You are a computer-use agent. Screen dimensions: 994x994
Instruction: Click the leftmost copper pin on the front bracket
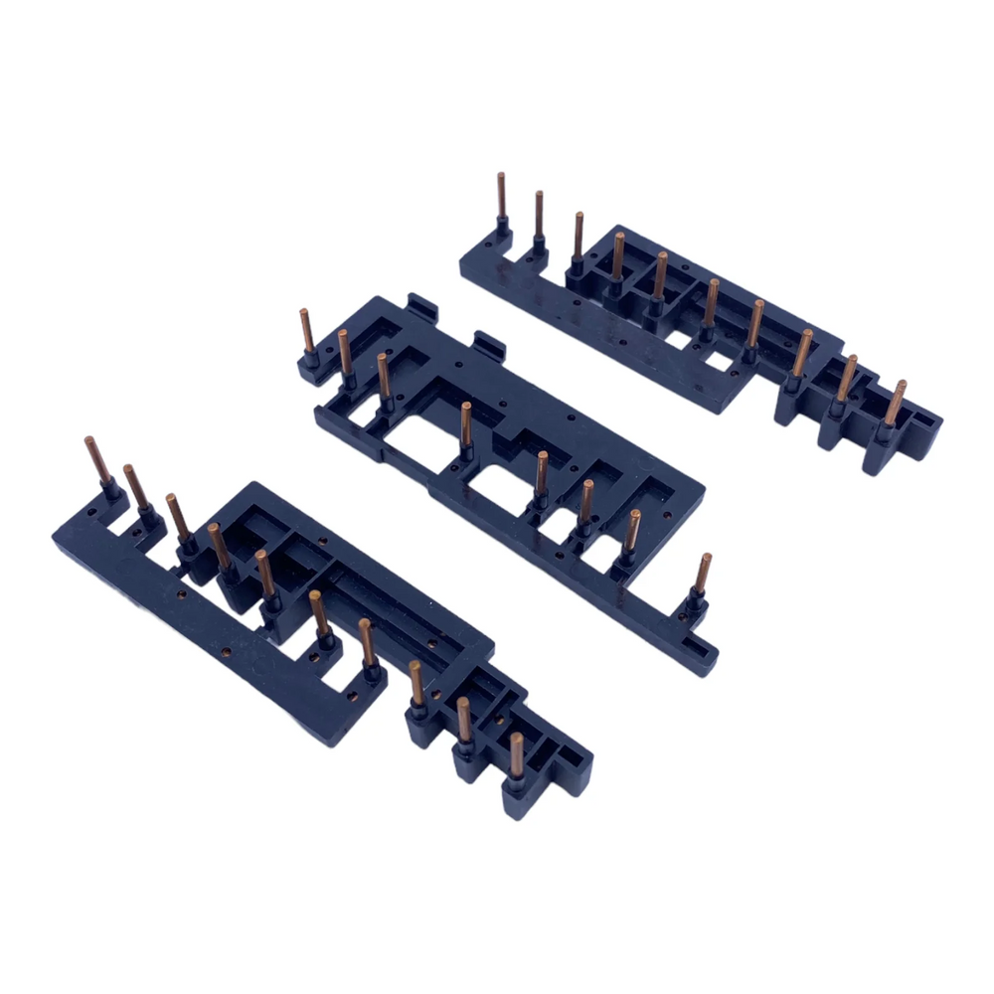[95, 460]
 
